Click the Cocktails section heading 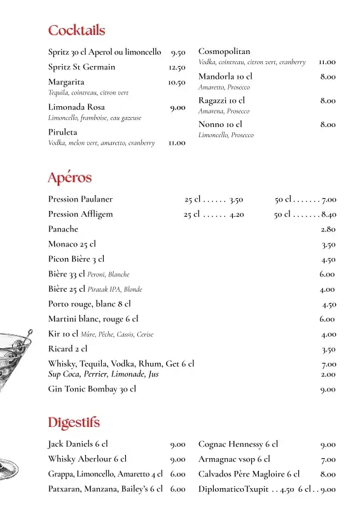[x=76, y=31]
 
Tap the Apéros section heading [x=70, y=178]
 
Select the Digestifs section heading [x=74, y=423]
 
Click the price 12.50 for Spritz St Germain [x=177, y=67]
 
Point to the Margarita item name [x=66, y=82]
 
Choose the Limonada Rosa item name [x=76, y=107]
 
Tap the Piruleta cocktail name [x=62, y=132]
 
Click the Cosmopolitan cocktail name [x=225, y=51]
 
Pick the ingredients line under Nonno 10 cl [x=226, y=135]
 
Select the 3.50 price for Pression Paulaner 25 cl [x=236, y=200]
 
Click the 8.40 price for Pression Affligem [x=329, y=215]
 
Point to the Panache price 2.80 [x=328, y=229]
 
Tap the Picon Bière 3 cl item [x=76, y=259]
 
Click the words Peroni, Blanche [x=108, y=275]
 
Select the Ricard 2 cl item [x=67, y=349]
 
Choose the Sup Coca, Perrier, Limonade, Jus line [x=103, y=374]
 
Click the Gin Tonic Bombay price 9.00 [x=328, y=390]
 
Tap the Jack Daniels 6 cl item [x=78, y=444]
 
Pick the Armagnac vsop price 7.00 [x=328, y=459]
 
